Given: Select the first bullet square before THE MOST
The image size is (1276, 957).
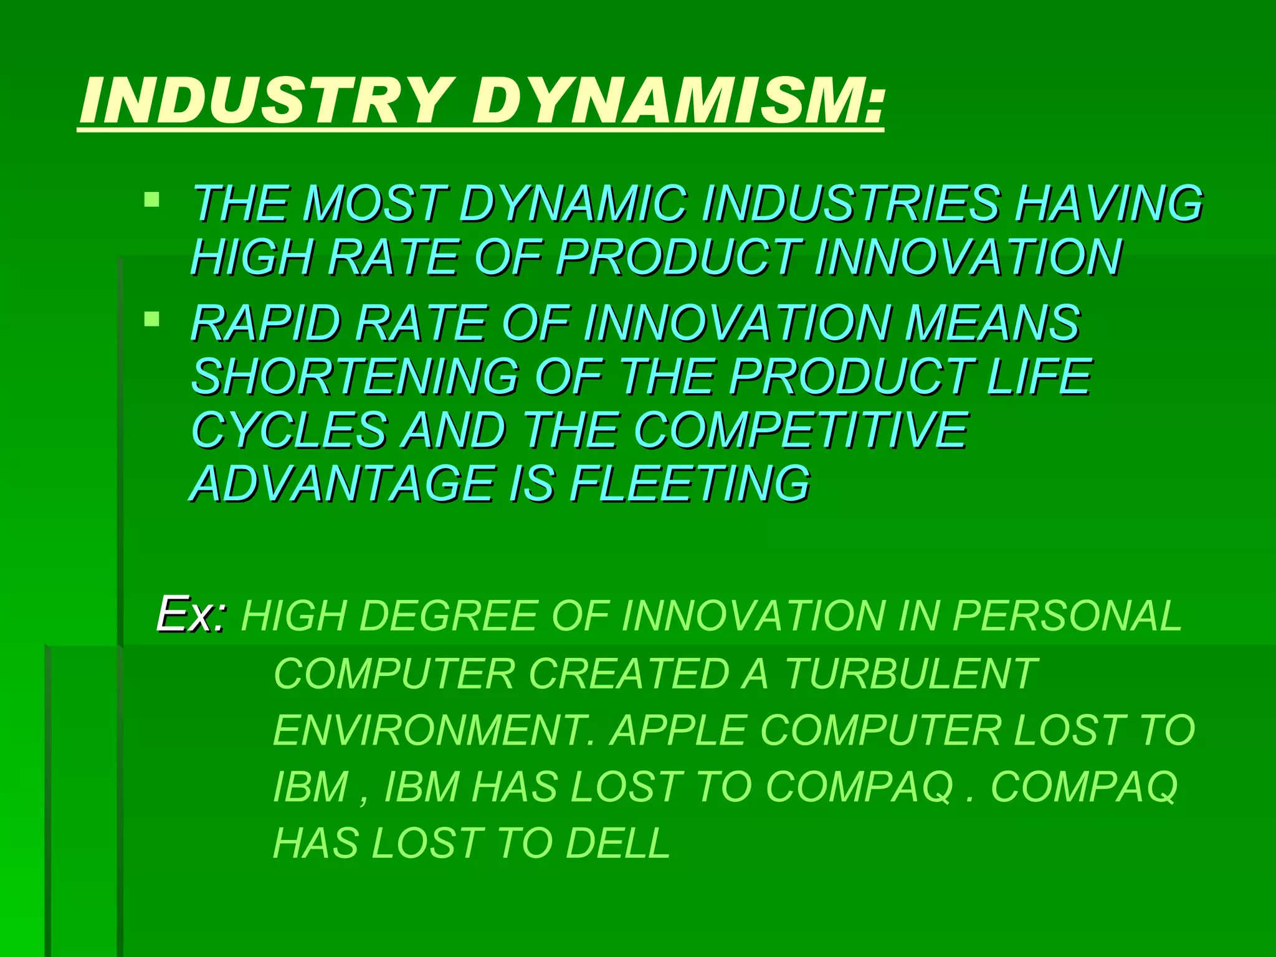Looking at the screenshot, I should click(x=151, y=200).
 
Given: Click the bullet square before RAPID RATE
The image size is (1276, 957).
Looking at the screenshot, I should click(x=151, y=320).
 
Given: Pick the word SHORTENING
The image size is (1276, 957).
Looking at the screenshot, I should click(x=355, y=376).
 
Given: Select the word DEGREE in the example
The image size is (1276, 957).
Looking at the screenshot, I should click(x=448, y=616).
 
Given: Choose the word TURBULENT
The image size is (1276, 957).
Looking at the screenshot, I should click(x=910, y=674).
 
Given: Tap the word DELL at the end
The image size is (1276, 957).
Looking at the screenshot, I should click(x=617, y=843).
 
